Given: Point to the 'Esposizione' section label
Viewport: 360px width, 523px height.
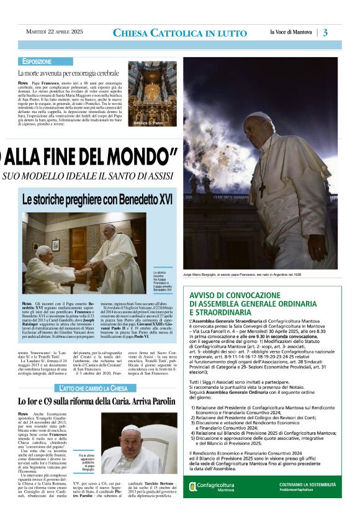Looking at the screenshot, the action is (37, 62).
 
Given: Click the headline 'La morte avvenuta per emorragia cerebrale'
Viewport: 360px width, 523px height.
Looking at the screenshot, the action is (68, 73).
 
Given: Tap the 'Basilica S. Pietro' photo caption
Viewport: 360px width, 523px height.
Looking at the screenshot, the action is (150, 122).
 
